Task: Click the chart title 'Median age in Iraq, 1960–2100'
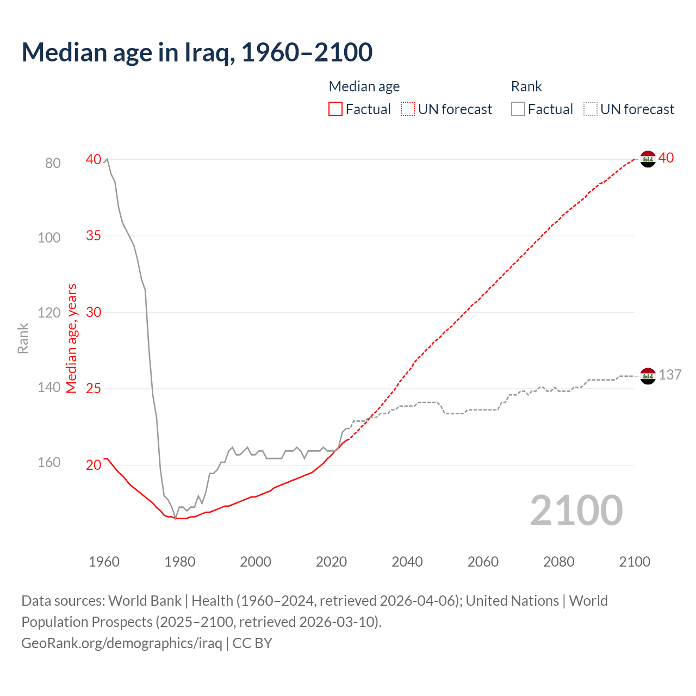(x=197, y=52)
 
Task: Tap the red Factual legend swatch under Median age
(x=335, y=109)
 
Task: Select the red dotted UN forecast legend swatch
(x=408, y=109)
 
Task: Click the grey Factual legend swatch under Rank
(x=518, y=109)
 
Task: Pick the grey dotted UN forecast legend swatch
(x=591, y=109)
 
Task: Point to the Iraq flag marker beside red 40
(x=648, y=159)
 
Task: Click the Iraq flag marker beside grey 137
(x=648, y=376)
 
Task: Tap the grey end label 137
(x=670, y=375)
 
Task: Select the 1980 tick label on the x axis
(x=179, y=562)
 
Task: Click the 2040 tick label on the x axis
(x=407, y=562)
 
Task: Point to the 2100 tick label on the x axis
(x=634, y=562)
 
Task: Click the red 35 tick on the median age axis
(x=94, y=235)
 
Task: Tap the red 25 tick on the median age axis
(x=94, y=388)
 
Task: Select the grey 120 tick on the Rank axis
(x=49, y=313)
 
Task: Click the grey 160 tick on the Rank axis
(x=49, y=462)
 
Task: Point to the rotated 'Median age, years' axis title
(x=72, y=338)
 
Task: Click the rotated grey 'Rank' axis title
(x=23, y=338)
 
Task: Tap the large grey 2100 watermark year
(x=576, y=511)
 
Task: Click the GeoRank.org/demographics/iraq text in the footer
(x=122, y=643)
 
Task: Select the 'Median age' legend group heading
(x=364, y=86)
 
